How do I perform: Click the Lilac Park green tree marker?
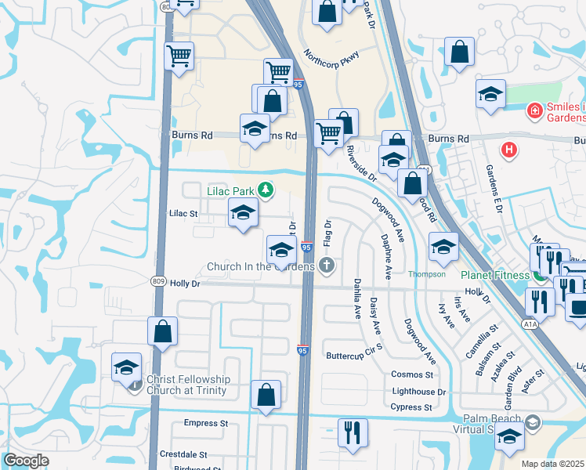pos(266,190)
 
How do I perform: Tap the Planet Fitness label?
pos(496,275)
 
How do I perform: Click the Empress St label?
pos(205,423)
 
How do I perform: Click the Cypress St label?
pos(411,407)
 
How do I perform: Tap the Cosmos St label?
pos(412,374)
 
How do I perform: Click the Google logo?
pos(27,461)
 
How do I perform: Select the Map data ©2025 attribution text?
pos(553,464)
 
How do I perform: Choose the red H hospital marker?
pos(508,149)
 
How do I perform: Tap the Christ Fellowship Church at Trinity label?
pos(186,385)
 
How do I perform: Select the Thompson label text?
pos(426,274)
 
